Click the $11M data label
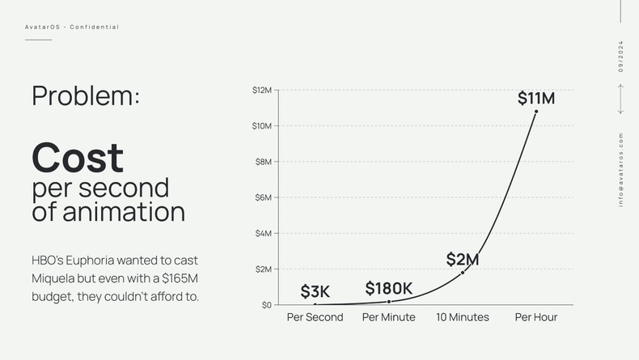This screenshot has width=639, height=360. click(535, 99)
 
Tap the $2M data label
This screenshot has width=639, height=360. click(463, 260)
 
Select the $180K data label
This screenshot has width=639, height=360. click(388, 289)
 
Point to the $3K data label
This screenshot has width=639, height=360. click(315, 292)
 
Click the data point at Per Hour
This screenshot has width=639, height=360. click(536, 112)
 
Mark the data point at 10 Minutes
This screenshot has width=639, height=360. click(463, 273)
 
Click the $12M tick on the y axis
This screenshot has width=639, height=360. click(261, 90)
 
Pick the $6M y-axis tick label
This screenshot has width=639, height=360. click(263, 197)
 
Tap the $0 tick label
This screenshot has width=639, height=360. click(266, 305)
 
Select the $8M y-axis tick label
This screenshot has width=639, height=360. click(263, 162)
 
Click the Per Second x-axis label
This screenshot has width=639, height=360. click(315, 317)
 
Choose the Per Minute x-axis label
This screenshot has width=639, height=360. click(388, 317)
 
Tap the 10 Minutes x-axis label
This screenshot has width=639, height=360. click(463, 317)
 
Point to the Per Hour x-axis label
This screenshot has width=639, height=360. click(536, 317)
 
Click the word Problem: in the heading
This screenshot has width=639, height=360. click(86, 95)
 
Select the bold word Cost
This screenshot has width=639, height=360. click(78, 157)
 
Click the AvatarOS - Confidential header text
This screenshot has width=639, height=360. click(72, 28)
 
